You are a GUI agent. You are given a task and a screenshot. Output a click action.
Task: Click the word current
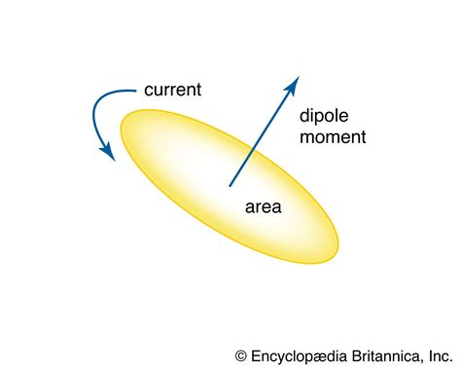(x=173, y=91)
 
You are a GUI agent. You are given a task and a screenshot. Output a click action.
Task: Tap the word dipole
(x=326, y=115)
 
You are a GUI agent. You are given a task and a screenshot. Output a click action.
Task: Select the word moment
(x=333, y=137)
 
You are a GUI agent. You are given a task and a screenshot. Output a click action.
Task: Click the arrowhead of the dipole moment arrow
(x=291, y=87)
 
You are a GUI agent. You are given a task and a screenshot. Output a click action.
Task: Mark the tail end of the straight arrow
(x=230, y=184)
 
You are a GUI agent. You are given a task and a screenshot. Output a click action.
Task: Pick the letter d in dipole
(x=304, y=115)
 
